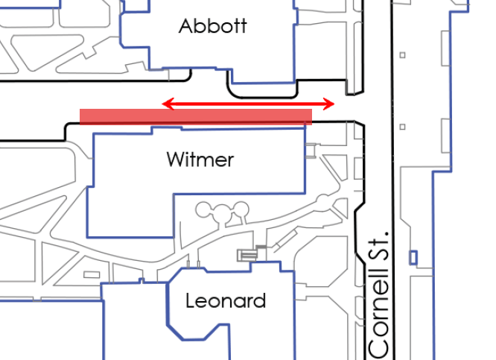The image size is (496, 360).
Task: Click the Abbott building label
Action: pos(212,25)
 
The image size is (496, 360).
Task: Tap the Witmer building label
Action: pos(200,160)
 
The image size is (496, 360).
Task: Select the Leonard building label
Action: pos(226,300)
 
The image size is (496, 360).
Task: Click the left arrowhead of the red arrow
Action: pos(168,104)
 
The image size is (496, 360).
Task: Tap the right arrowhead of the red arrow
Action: pos(328,104)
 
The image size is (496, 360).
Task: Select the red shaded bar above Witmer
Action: pos(196,117)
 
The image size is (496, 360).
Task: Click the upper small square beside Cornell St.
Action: pos(402,55)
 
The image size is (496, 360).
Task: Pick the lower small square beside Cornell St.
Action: pos(402,127)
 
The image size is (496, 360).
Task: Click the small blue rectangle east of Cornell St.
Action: pos(413,257)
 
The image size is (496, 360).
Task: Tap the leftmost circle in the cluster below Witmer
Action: pos(204,210)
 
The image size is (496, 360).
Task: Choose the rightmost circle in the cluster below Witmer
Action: pos(241,209)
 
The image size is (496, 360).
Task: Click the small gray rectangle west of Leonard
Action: pos(92,275)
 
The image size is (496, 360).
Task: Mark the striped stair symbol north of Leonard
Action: pos(247,255)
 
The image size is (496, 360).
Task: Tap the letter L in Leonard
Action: pos(191,300)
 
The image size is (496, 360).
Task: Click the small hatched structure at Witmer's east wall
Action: pos(311,151)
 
